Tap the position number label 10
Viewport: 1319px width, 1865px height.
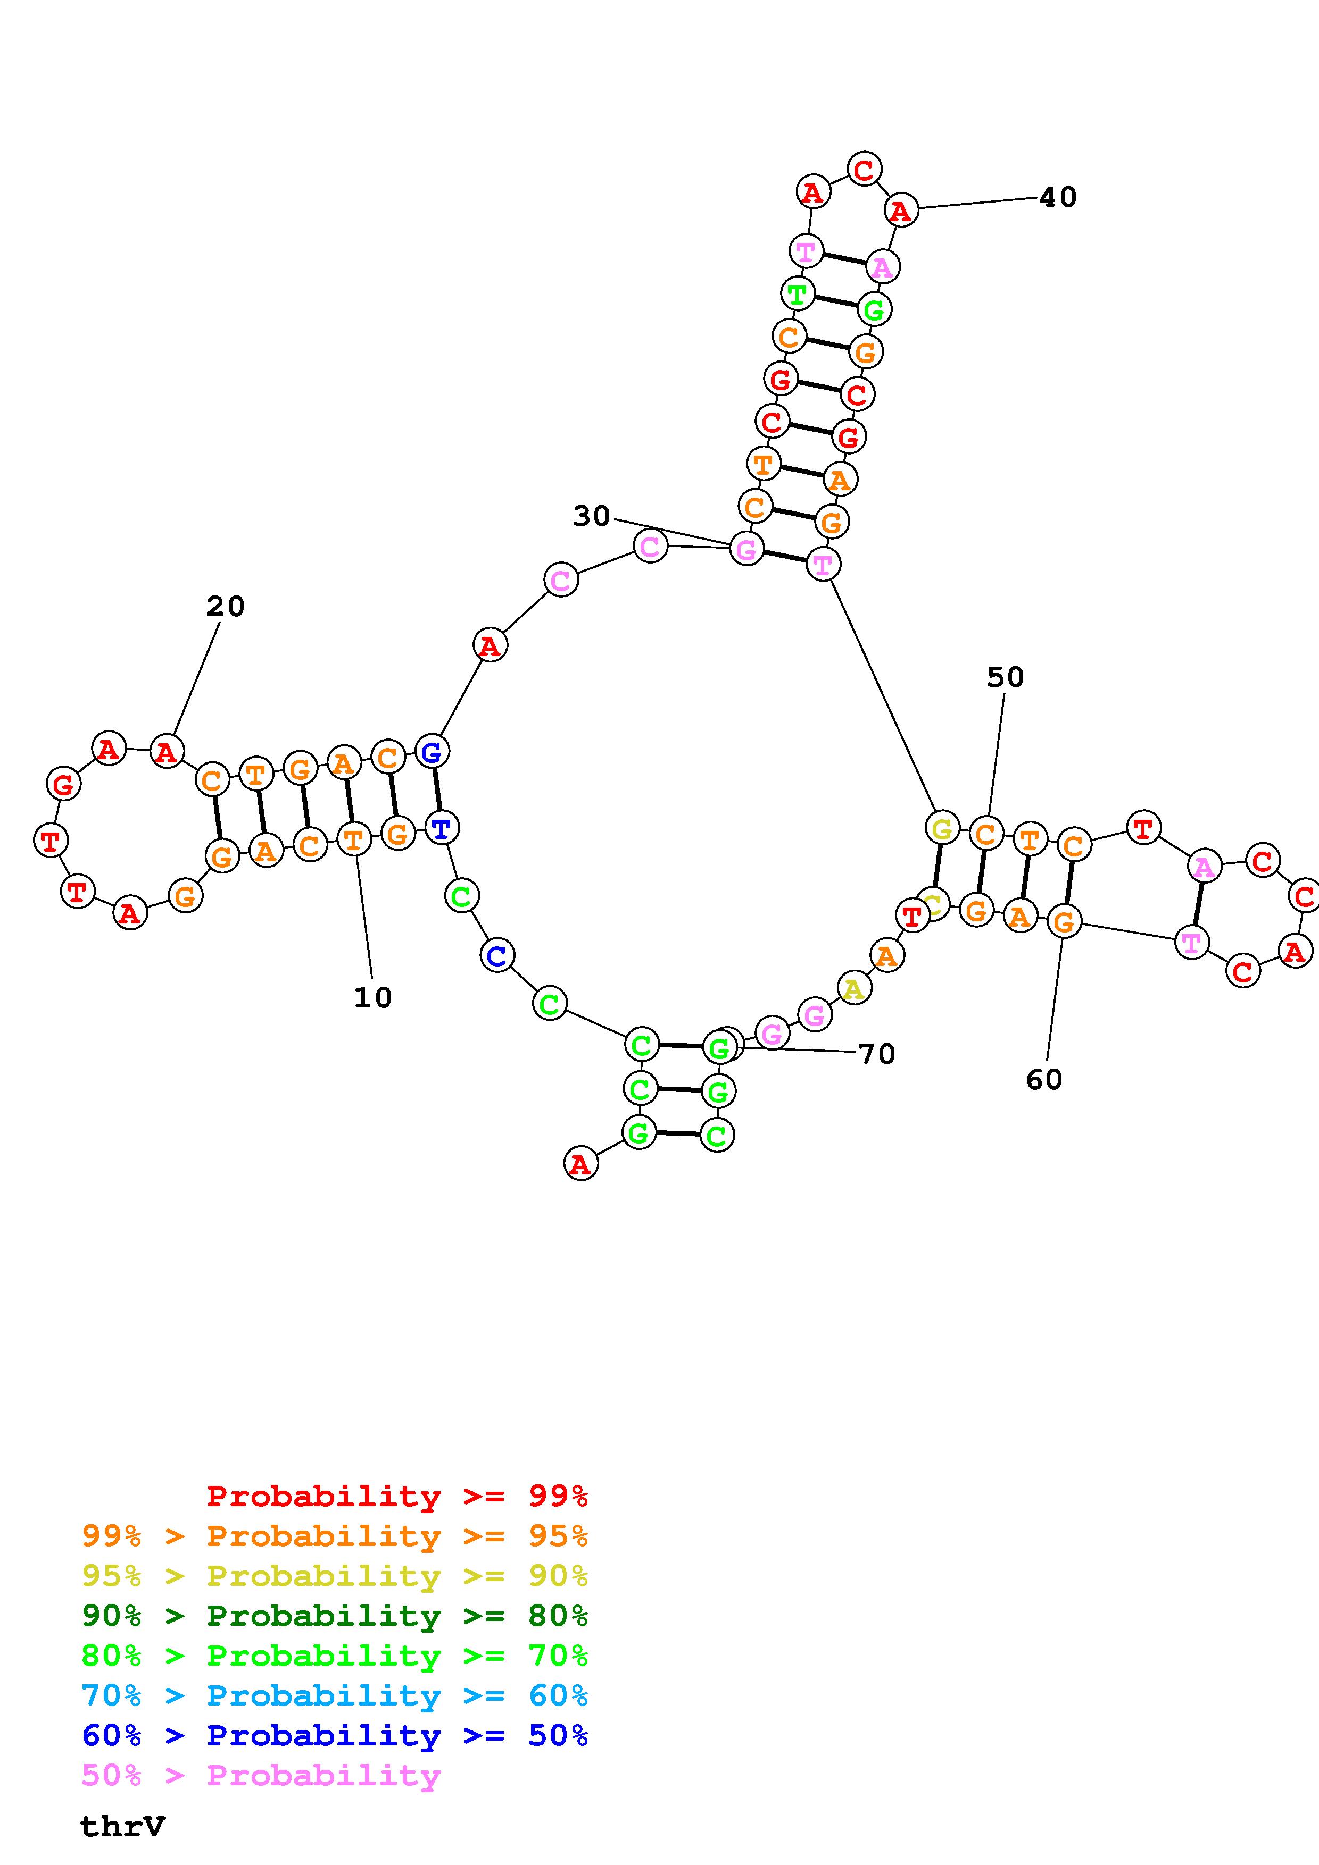click(x=373, y=997)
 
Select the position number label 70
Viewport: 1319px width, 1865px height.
click(x=877, y=1054)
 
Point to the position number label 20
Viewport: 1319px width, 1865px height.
click(x=225, y=606)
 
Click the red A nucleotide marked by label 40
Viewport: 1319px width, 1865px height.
click(x=900, y=211)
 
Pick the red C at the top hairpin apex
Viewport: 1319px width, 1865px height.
click(x=864, y=169)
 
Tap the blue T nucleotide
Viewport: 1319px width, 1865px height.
click(x=441, y=828)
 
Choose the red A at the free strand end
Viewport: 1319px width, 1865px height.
click(x=580, y=1164)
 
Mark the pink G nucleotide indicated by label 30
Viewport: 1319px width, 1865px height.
click(x=746, y=549)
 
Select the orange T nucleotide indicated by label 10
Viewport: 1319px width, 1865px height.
click(x=353, y=838)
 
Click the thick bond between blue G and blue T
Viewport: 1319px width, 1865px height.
click(x=436, y=789)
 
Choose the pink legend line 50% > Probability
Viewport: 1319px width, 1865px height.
click(x=261, y=1775)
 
